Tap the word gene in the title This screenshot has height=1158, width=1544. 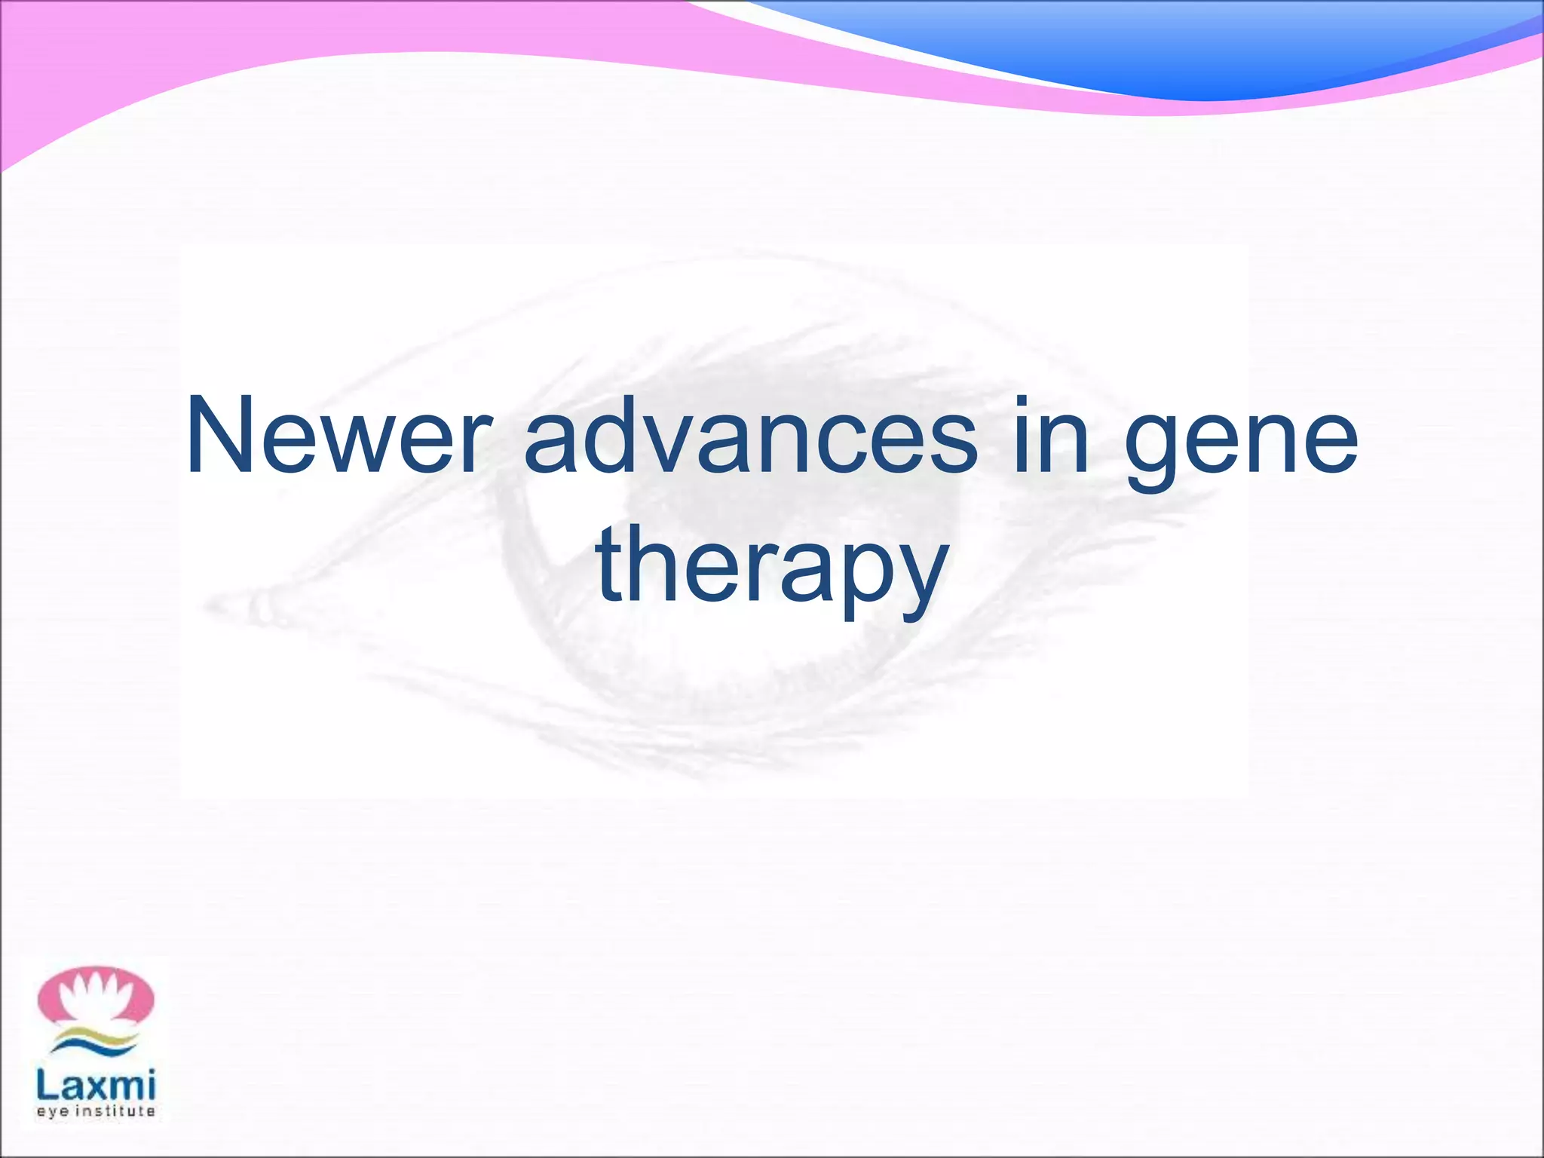click(x=1240, y=445)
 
